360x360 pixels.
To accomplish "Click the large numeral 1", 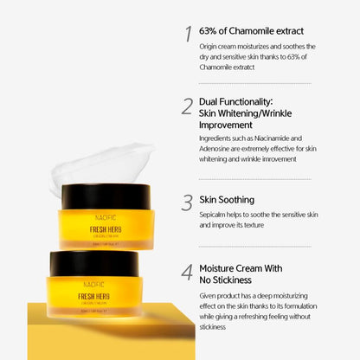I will pos(187,34).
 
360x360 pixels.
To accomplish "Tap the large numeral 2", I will pos(187,106).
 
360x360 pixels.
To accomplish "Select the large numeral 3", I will pos(187,202).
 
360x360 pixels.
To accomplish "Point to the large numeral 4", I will pos(187,273).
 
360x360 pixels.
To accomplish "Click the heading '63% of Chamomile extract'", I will pos(251,31).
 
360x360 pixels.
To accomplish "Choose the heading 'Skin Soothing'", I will pos(227,198).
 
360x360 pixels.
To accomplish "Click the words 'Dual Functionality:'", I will pos(235,100).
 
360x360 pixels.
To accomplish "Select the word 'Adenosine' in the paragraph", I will pos(219,148).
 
